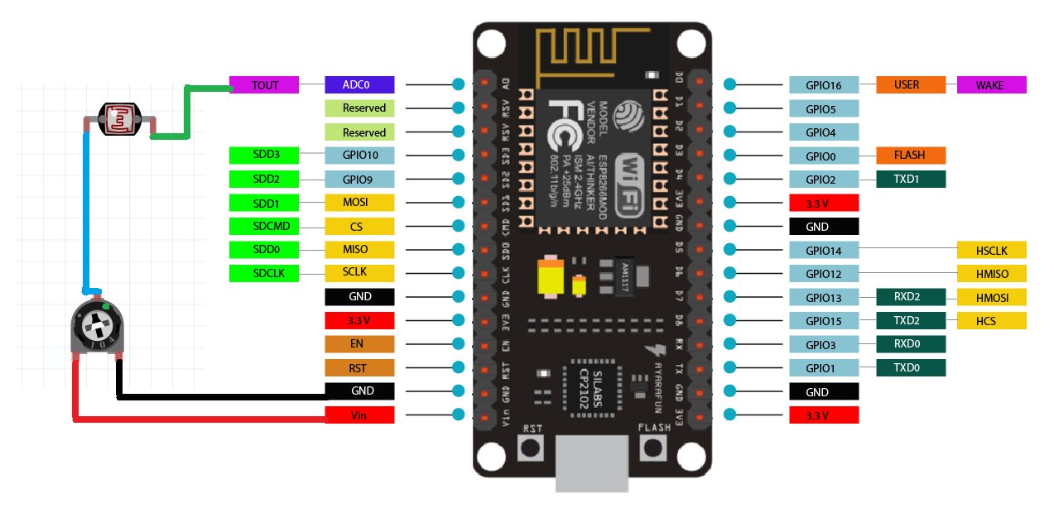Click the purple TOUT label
[264, 84]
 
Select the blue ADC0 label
[360, 84]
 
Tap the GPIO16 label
[824, 84]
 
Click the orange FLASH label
[911, 155]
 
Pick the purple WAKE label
[991, 84]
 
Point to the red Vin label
[360, 415]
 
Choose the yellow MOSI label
[360, 202]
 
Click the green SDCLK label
[264, 272]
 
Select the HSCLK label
[991, 250]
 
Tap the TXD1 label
[911, 179]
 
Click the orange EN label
[360, 343]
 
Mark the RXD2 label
[911, 297]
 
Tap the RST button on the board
[531, 448]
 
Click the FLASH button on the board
[653, 448]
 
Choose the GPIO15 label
[824, 320]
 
